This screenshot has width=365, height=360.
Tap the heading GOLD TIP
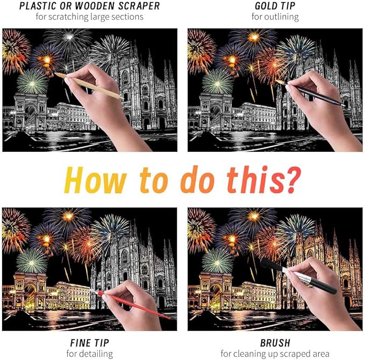tap(275, 6)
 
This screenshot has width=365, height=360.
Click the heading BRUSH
tap(275, 343)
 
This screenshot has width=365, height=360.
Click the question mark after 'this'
tap(291, 180)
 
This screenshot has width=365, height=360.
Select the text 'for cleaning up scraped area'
tap(275, 354)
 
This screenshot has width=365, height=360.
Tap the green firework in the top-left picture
tap(32, 81)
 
